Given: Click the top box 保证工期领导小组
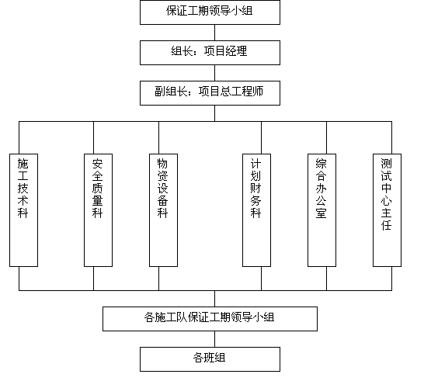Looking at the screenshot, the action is [x=210, y=12].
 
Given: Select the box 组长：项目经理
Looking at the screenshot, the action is [x=210, y=53].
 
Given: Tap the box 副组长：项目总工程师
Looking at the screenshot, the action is [x=210, y=93].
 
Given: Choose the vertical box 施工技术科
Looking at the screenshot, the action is [x=23, y=210].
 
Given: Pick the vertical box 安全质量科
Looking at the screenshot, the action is [x=98, y=210].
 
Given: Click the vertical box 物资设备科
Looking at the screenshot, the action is [x=163, y=210].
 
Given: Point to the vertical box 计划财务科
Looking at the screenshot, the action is [x=256, y=210].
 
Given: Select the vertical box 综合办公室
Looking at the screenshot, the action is [x=322, y=210].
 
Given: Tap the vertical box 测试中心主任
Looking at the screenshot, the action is [x=387, y=210].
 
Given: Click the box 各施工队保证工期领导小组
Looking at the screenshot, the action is [x=210, y=319].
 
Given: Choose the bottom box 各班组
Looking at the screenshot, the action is [x=210, y=359].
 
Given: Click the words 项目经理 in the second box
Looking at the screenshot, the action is [x=226, y=51].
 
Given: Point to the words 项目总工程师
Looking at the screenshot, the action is [x=231, y=92].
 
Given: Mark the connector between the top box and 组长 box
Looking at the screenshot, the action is [x=214, y=33].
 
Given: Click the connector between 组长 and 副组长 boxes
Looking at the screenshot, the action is [x=214, y=73].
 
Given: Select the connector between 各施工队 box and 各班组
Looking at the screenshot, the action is [x=214, y=339].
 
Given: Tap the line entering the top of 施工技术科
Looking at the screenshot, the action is [x=19, y=137].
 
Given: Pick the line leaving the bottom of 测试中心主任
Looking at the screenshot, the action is [x=391, y=279].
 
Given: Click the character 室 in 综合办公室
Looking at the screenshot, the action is [x=322, y=213].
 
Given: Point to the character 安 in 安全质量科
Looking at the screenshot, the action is [x=98, y=164].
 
